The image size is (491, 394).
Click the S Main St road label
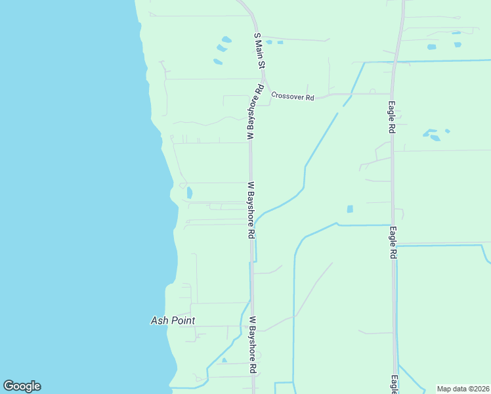(x=259, y=51)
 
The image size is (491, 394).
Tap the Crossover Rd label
(x=293, y=96)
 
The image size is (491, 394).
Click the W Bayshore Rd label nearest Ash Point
(x=253, y=345)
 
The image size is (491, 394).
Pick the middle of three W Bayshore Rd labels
(x=251, y=210)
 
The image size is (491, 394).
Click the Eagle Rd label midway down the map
(x=393, y=242)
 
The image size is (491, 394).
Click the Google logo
(x=22, y=386)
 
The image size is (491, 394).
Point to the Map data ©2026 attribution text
(x=463, y=389)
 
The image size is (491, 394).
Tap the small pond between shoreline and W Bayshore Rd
(x=190, y=192)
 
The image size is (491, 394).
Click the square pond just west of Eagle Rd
(x=350, y=209)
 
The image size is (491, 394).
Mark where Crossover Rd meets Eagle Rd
(x=392, y=94)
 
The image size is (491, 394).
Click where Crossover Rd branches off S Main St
(x=265, y=92)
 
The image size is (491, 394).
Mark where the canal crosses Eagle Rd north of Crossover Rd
(x=393, y=62)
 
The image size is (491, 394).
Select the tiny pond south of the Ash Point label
(x=224, y=360)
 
